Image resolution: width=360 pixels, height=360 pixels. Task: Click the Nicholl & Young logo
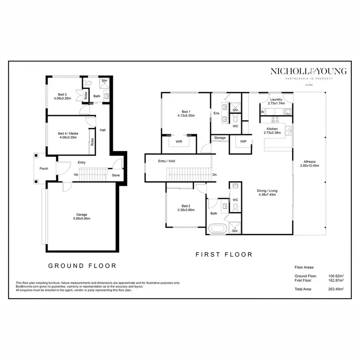coord(309,72)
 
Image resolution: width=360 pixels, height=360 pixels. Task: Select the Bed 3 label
coord(62,95)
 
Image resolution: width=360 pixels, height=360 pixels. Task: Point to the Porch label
coord(44,168)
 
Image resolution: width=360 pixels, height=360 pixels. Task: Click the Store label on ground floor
coord(116,175)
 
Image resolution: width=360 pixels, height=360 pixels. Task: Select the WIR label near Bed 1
coord(179,142)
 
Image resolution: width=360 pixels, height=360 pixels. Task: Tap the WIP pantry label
coord(243,141)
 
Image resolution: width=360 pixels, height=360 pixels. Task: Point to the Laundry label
coord(276,100)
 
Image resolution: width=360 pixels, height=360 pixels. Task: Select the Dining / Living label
coord(268,191)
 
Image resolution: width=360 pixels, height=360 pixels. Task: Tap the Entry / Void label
coord(167,161)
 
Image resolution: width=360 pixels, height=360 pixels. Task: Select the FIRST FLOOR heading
coord(224,255)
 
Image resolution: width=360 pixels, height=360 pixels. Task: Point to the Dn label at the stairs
coord(214,174)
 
